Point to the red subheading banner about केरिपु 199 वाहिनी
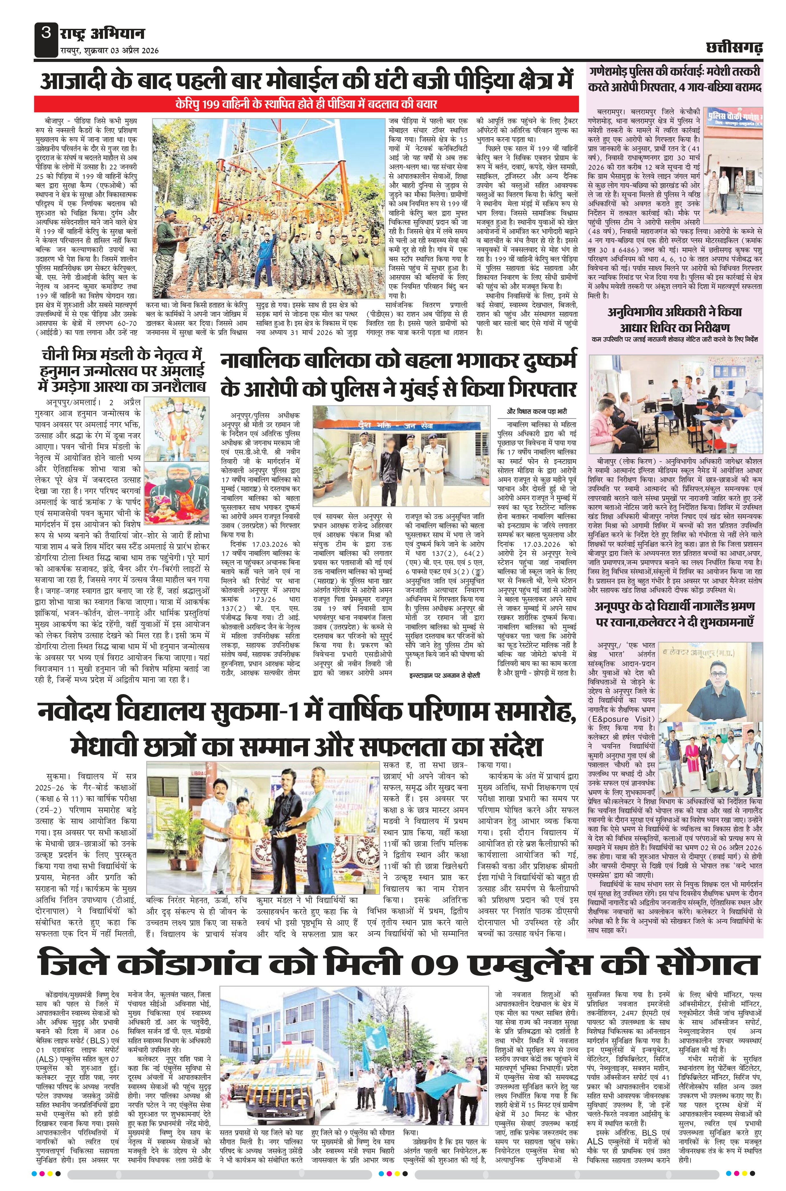coord(307,104)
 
